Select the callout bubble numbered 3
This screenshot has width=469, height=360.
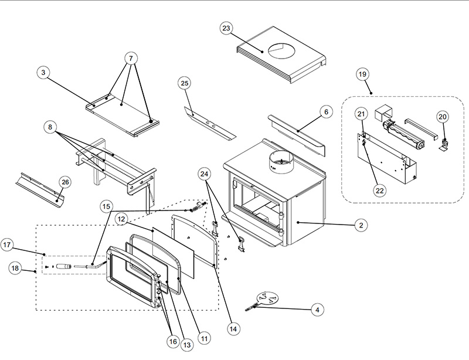pyautogui.click(x=43, y=73)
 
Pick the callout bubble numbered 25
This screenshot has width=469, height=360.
pyautogui.click(x=185, y=83)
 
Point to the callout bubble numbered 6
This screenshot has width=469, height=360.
pyautogui.click(x=327, y=111)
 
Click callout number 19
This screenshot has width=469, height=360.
pyautogui.click(x=362, y=74)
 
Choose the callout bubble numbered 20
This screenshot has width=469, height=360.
pyautogui.click(x=443, y=117)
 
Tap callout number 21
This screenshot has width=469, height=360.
pyautogui.click(x=362, y=114)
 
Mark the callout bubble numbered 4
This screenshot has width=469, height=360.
pyautogui.click(x=317, y=309)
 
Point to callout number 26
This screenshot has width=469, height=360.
pyautogui.click(x=64, y=182)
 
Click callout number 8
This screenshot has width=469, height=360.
pyautogui.click(x=52, y=127)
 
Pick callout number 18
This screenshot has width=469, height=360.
pyautogui.click(x=16, y=268)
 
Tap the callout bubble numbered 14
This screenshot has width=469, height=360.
pyautogui.click(x=233, y=329)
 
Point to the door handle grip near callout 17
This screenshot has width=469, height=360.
pyautogui.click(x=72, y=267)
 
